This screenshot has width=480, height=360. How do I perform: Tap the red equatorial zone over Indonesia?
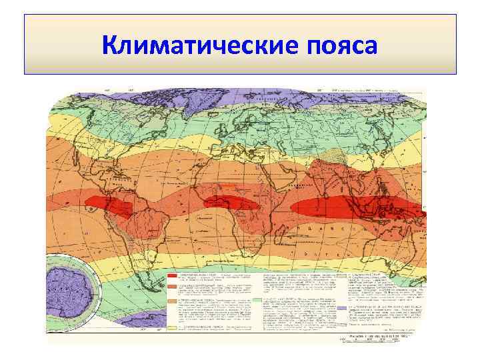360,203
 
